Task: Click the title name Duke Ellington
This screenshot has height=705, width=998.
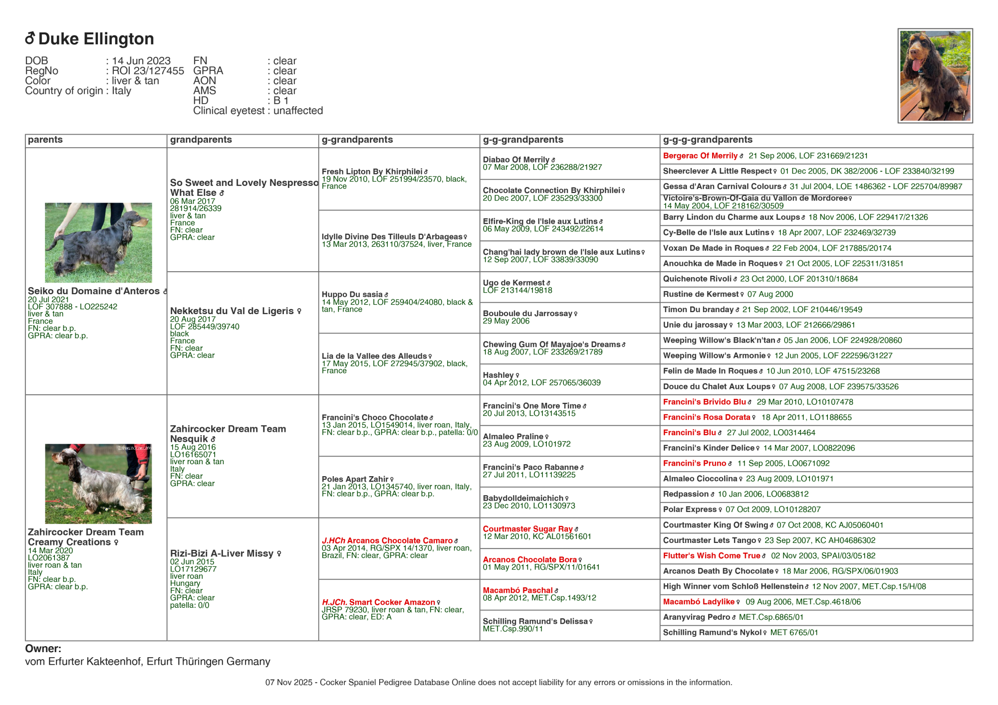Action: pos(96,39)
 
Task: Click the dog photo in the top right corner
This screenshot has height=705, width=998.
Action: pos(935,76)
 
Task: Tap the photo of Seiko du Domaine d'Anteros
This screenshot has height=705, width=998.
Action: pos(98,242)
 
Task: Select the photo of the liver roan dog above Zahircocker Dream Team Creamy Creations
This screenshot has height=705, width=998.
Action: pos(98,484)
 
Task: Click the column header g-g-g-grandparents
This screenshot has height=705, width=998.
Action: pos(707,140)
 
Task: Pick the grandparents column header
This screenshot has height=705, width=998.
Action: pos(201,140)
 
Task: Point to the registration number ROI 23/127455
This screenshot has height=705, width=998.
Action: pos(148,71)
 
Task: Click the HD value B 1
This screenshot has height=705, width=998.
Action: pos(281,101)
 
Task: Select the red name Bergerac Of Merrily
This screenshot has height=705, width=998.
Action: pos(700,156)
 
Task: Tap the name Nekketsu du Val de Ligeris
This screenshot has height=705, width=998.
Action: pos(232,311)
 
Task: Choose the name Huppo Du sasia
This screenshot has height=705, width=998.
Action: pos(352,295)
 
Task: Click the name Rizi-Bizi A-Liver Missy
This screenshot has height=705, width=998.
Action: pos(222,553)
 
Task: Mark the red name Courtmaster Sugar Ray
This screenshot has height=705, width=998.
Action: pos(527,529)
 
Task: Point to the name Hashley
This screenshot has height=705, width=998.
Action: pos(498,375)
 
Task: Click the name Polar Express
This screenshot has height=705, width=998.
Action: pos(689,510)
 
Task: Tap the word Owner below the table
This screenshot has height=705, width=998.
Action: pos(43,649)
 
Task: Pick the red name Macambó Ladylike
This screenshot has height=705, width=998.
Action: pos(699,602)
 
